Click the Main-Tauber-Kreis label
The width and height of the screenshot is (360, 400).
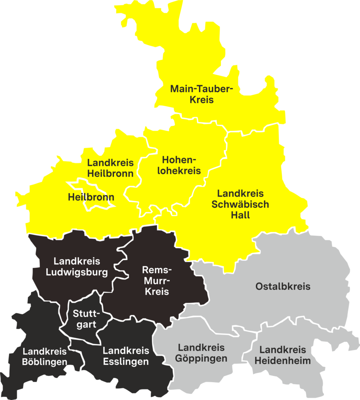(201, 94)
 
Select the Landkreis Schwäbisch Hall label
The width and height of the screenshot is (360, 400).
(240, 204)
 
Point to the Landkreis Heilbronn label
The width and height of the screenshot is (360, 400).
(110, 168)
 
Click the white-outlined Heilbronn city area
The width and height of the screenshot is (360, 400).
(91, 197)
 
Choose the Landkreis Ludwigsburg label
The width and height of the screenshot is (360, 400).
(77, 267)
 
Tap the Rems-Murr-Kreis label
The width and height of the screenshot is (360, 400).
(157, 280)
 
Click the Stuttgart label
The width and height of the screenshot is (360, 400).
(86, 319)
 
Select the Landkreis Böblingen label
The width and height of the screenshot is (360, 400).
(45, 357)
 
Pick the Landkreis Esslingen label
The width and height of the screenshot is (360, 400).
(126, 357)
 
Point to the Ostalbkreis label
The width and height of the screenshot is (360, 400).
(283, 287)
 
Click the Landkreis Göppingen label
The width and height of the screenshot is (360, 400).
(202, 353)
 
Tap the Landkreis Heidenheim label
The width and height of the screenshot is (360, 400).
(283, 355)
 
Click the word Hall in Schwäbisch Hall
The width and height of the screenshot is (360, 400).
(240, 215)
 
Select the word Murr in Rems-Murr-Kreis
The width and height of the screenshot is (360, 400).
(157, 280)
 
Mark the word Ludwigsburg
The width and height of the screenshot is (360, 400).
(77, 272)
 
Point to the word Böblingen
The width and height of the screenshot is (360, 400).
(45, 362)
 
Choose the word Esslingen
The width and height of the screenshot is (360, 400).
(126, 362)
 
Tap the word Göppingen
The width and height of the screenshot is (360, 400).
(202, 358)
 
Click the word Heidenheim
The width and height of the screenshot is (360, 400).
(283, 361)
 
